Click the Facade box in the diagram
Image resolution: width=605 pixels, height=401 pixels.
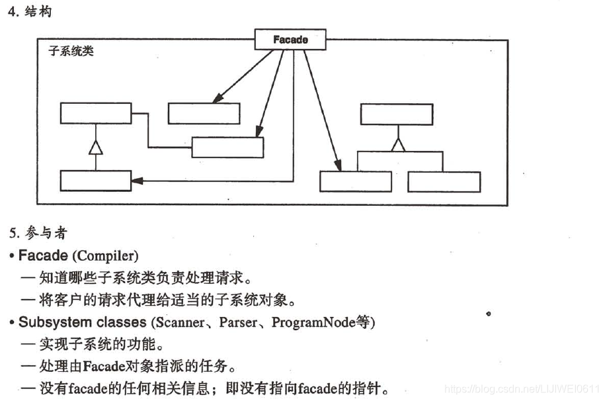pos(290,40)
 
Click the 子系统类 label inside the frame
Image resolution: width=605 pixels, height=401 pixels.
pos(71,52)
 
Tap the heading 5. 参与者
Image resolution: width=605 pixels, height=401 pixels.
pos(38,233)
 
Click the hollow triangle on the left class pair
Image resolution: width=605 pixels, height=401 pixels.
pos(96,147)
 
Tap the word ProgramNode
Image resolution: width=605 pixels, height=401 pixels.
pos(311,323)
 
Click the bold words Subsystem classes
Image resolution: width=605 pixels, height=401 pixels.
pos(82,322)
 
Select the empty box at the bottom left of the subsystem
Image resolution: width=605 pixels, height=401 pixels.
pos(95,181)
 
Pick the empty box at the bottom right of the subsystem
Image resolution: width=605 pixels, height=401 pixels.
pos(444,182)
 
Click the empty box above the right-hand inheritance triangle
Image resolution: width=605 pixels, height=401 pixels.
pos(397,114)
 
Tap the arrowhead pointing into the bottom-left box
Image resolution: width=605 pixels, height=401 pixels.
pos(137,180)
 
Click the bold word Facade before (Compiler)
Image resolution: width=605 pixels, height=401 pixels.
pos(43,255)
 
